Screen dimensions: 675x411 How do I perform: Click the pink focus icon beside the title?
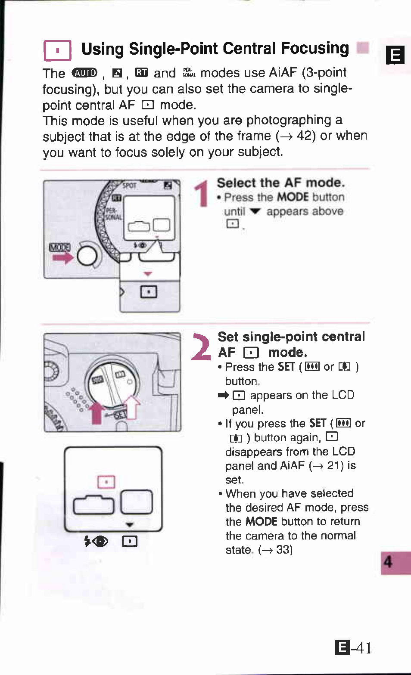pyautogui.click(x=57, y=50)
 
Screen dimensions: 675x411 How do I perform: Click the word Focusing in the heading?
pyautogui.click(x=315, y=49)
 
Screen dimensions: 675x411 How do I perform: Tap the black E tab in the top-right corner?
pyautogui.click(x=395, y=55)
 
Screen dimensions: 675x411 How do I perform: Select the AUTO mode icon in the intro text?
pyautogui.click(x=85, y=73)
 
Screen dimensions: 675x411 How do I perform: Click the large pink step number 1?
pyautogui.click(x=202, y=194)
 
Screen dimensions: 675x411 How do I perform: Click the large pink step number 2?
pyautogui.click(x=201, y=347)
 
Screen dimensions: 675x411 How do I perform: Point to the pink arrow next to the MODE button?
pyautogui.click(x=63, y=258)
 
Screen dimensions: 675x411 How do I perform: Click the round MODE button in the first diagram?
pyautogui.click(x=87, y=256)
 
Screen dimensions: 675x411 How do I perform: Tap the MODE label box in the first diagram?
pyautogui.click(x=59, y=248)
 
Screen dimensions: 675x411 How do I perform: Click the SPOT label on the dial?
pyautogui.click(x=129, y=186)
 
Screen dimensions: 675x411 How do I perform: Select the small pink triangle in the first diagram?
pyautogui.click(x=148, y=274)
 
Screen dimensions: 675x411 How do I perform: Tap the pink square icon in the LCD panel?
pyautogui.click(x=106, y=482)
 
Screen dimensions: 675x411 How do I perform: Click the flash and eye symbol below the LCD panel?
pyautogui.click(x=96, y=541)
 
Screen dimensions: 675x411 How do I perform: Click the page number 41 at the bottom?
pyautogui.click(x=364, y=648)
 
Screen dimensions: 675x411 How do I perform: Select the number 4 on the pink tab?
pyautogui.click(x=388, y=562)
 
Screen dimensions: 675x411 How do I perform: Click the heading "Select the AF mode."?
pyautogui.click(x=280, y=183)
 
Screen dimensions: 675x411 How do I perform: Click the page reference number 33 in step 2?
pyautogui.click(x=283, y=550)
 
